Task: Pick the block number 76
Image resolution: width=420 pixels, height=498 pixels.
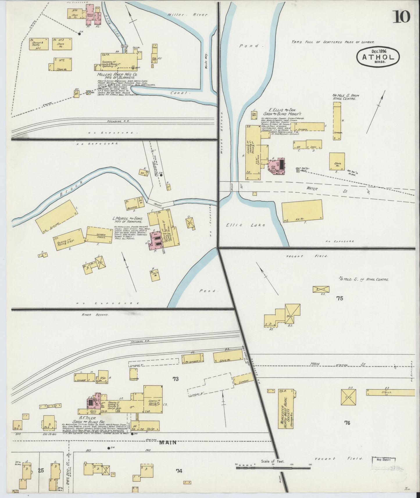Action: pos(347,423)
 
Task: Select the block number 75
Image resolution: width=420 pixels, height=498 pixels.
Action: pos(339,298)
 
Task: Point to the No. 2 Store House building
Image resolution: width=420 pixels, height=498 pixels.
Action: pos(60,64)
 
